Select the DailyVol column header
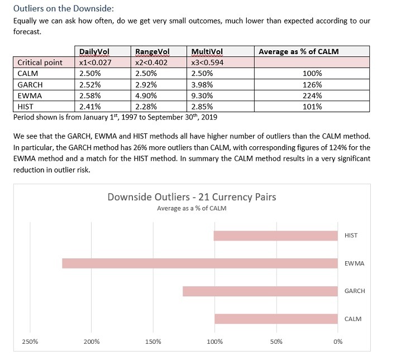(x=94, y=51)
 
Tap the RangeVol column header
(x=150, y=51)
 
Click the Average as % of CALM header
(x=298, y=51)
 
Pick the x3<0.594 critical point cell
(x=207, y=63)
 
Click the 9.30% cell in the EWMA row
(x=201, y=95)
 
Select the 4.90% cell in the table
(x=146, y=95)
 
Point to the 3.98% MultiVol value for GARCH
(x=201, y=84)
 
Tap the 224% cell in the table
(x=312, y=95)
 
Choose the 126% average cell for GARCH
(x=312, y=84)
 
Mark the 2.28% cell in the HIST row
(x=146, y=106)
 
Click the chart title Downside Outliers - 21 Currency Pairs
(x=192, y=197)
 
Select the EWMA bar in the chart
(x=200, y=263)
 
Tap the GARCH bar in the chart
(x=260, y=291)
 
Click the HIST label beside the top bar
(x=351, y=236)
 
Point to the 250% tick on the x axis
(x=30, y=342)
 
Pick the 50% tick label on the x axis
(x=276, y=342)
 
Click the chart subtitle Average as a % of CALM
(x=192, y=209)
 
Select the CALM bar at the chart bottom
(x=276, y=319)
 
